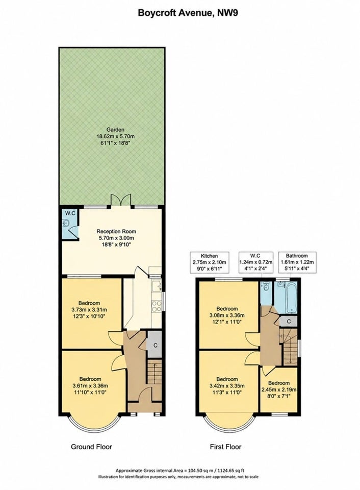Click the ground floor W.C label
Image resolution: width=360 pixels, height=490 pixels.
click(x=70, y=213)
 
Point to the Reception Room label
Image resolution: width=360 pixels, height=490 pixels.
click(x=116, y=232)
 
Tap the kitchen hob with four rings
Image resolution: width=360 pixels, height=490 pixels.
click(x=157, y=306)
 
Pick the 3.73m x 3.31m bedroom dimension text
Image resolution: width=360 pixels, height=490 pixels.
click(x=89, y=310)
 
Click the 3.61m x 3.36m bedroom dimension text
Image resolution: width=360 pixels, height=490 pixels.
click(x=90, y=386)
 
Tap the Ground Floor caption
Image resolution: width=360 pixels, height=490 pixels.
click(x=91, y=447)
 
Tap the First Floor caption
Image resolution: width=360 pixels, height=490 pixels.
click(x=225, y=447)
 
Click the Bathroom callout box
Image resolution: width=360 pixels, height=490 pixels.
click(x=297, y=262)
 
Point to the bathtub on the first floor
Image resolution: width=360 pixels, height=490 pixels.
click(x=291, y=298)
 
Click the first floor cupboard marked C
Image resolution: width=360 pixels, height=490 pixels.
click(x=289, y=321)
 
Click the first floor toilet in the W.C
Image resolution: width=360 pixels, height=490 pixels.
click(x=265, y=286)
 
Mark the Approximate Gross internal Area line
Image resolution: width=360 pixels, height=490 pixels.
click(x=180, y=470)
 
